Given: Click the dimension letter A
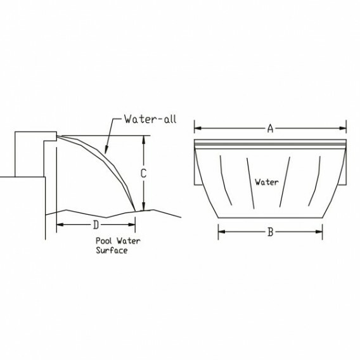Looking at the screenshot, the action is coord(270,128).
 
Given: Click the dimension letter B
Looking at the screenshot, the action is coord(271,232).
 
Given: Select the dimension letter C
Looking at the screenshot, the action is coord(143,173).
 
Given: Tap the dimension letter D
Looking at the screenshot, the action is coord(96,224).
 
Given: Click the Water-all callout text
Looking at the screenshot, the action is coord(150,119).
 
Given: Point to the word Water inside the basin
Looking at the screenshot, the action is coord(267,183).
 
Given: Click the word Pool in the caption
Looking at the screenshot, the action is coord(104,241).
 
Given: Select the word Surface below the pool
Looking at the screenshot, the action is coord(112,250).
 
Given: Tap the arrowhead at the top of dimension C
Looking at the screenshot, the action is coord(143,139).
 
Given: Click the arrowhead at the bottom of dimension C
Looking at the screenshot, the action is coord(143,207).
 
